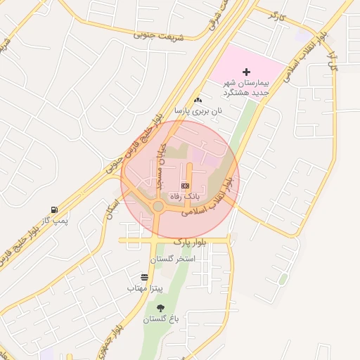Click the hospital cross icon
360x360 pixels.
[246, 72]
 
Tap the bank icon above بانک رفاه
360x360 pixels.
[185, 185]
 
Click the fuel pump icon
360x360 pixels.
[54, 210]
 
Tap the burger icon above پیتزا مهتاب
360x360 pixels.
[144, 278]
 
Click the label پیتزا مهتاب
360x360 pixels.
[145, 288]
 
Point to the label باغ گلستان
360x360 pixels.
[162, 319]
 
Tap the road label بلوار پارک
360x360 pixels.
[193, 241]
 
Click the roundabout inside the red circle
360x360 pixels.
[158, 206]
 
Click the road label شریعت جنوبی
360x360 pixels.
[161, 34]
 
